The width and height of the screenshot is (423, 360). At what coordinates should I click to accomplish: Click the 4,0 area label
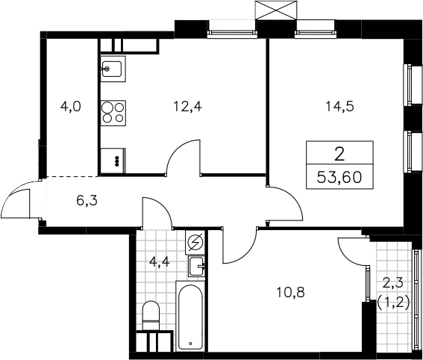click(71, 106)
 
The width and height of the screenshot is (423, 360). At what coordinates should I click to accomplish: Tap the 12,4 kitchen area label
click(187, 106)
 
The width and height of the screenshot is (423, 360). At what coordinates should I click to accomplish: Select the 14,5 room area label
click(340, 106)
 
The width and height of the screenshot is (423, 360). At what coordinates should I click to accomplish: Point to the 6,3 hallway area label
click(87, 201)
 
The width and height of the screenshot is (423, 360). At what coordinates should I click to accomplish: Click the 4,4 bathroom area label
click(159, 261)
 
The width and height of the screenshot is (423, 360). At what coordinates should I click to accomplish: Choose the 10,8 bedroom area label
click(291, 292)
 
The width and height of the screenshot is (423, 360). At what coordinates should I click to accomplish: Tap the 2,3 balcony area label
click(394, 284)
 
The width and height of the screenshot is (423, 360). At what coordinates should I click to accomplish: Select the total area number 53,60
click(339, 178)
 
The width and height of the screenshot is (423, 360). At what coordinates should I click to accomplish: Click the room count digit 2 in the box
click(339, 155)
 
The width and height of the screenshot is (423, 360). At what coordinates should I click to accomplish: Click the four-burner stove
click(113, 113)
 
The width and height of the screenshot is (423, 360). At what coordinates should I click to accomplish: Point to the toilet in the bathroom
click(151, 315)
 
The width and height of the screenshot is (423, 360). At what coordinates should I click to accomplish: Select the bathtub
click(190, 316)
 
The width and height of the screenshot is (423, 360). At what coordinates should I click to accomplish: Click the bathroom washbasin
click(196, 267)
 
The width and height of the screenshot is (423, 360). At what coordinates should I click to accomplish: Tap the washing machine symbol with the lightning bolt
click(195, 242)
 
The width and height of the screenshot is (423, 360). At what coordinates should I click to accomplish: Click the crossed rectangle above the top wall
click(275, 10)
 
